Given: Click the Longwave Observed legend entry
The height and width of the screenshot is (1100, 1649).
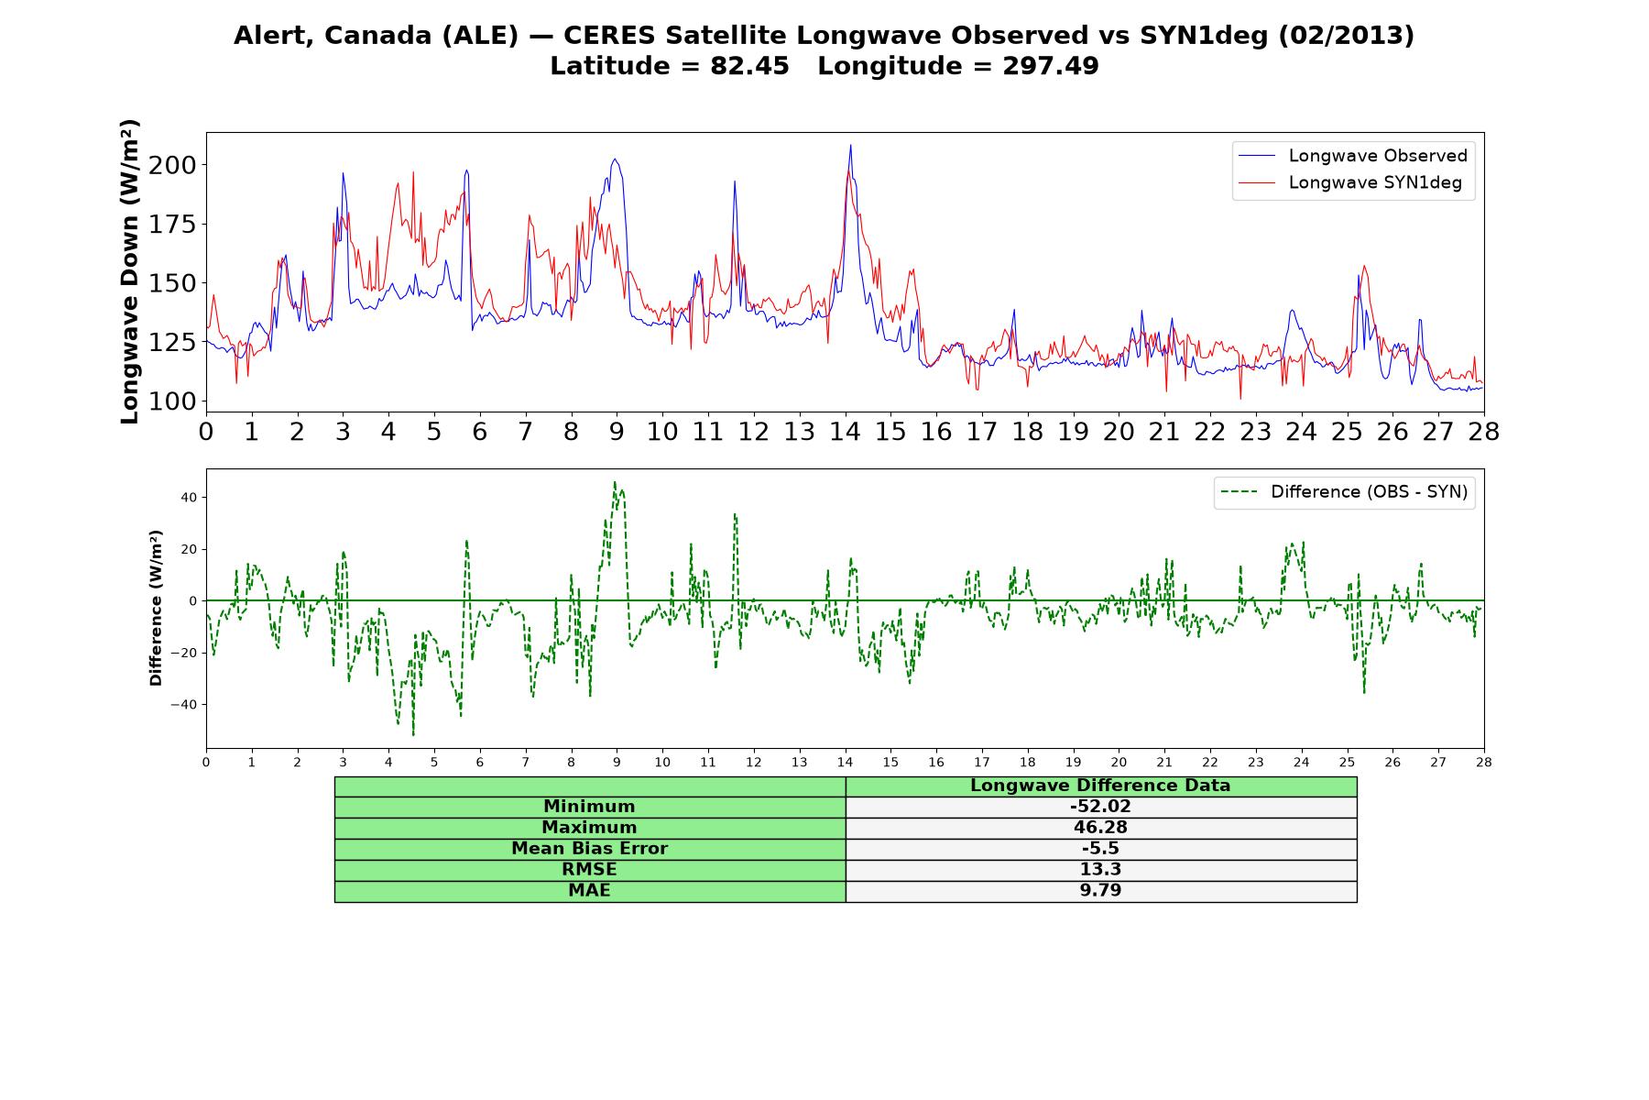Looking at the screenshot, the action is click(1353, 156).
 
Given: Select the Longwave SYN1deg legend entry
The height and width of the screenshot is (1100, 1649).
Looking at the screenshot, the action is click(1350, 182).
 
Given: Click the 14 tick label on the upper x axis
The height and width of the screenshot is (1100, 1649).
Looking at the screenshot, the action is click(845, 432).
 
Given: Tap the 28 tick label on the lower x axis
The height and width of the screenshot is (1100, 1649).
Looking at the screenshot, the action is click(1484, 762).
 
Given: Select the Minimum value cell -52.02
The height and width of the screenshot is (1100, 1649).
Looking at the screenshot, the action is click(1100, 807).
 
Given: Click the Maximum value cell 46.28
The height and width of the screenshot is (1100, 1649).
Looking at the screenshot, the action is click(1100, 828).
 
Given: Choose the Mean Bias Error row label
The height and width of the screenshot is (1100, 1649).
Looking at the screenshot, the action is click(589, 849).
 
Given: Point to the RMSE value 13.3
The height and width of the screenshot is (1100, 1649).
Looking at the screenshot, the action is click(1100, 870).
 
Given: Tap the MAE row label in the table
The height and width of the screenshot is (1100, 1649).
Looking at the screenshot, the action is click(589, 891).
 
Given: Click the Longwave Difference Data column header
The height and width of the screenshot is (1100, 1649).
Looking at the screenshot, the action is click(1100, 786).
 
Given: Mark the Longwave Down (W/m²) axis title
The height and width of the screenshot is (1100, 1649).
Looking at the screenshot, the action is click(129, 271).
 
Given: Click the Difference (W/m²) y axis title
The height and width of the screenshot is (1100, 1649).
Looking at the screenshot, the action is click(156, 608).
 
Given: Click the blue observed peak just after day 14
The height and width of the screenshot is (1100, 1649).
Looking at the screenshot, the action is click(850, 145).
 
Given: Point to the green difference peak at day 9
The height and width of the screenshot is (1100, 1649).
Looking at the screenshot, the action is click(615, 482).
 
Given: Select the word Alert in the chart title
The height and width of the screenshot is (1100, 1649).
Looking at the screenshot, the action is click(268, 36).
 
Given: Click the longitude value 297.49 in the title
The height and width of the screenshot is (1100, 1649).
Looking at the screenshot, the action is click(1051, 66).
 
